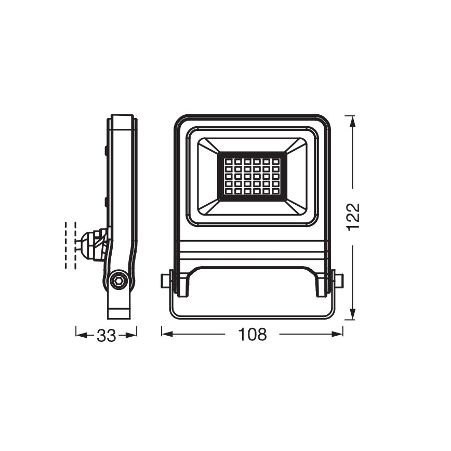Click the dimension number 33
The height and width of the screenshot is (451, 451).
pos(107,335)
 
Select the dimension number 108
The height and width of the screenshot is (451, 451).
pos(253,334)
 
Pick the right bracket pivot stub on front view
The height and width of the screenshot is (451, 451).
pos(339,281)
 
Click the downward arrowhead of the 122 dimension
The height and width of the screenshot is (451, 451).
pos(353,314)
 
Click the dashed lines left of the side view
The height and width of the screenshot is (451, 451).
pos(71,245)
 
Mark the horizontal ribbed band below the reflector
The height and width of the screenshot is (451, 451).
pos(252,252)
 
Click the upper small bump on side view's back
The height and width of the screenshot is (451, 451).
pos(106,151)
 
